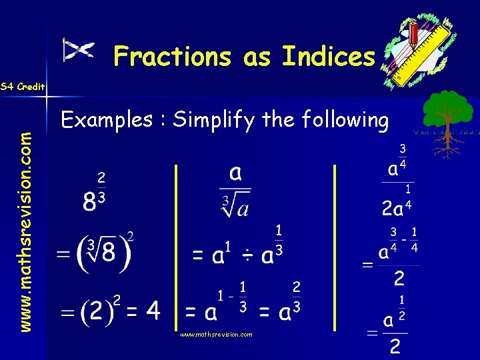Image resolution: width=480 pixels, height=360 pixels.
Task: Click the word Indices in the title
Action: click(x=329, y=57)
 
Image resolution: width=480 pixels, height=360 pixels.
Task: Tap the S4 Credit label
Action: click(x=23, y=87)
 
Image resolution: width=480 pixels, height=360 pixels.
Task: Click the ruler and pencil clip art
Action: click(x=417, y=50)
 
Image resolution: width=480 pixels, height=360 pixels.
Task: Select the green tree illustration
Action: click(x=448, y=120)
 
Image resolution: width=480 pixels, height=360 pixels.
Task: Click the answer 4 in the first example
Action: click(x=153, y=310)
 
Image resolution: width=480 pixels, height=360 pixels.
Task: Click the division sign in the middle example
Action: click(x=247, y=257)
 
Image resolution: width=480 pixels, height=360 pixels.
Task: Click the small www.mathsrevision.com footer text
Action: click(x=217, y=335)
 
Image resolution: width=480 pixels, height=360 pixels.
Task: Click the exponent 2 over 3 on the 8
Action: click(x=101, y=187)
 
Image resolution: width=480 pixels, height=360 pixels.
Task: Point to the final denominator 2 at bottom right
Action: click(x=395, y=346)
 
